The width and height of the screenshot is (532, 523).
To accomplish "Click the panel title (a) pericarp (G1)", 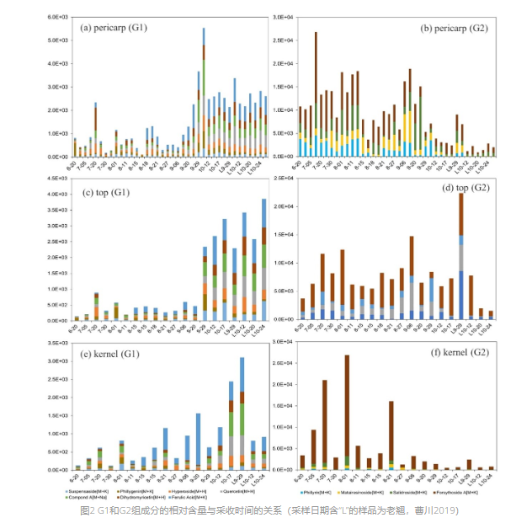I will (x=113, y=27).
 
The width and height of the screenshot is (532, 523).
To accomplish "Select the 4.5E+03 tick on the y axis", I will (x=57, y=178).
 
